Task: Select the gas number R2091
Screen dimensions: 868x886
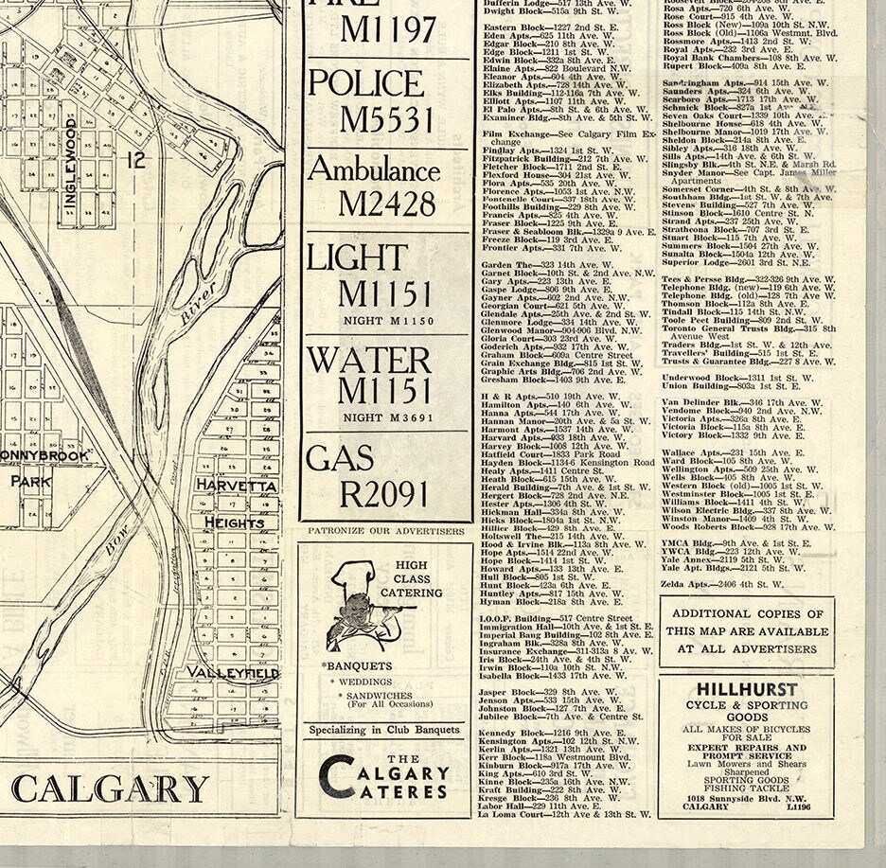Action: [384, 493]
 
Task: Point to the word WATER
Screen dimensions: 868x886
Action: [369, 361]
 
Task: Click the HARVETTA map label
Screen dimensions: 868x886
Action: [237, 486]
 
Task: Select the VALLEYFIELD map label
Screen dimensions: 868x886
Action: [232, 672]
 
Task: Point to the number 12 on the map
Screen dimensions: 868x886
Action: [138, 162]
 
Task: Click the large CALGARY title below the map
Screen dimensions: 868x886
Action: [110, 788]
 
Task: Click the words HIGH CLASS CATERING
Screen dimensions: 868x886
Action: [418, 579]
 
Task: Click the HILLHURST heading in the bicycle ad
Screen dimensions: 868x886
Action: [746, 690]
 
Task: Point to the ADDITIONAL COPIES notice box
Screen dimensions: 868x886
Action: [747, 631]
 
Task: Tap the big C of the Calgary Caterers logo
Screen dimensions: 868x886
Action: [338, 775]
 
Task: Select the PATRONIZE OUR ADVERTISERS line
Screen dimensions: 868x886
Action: [384, 531]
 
